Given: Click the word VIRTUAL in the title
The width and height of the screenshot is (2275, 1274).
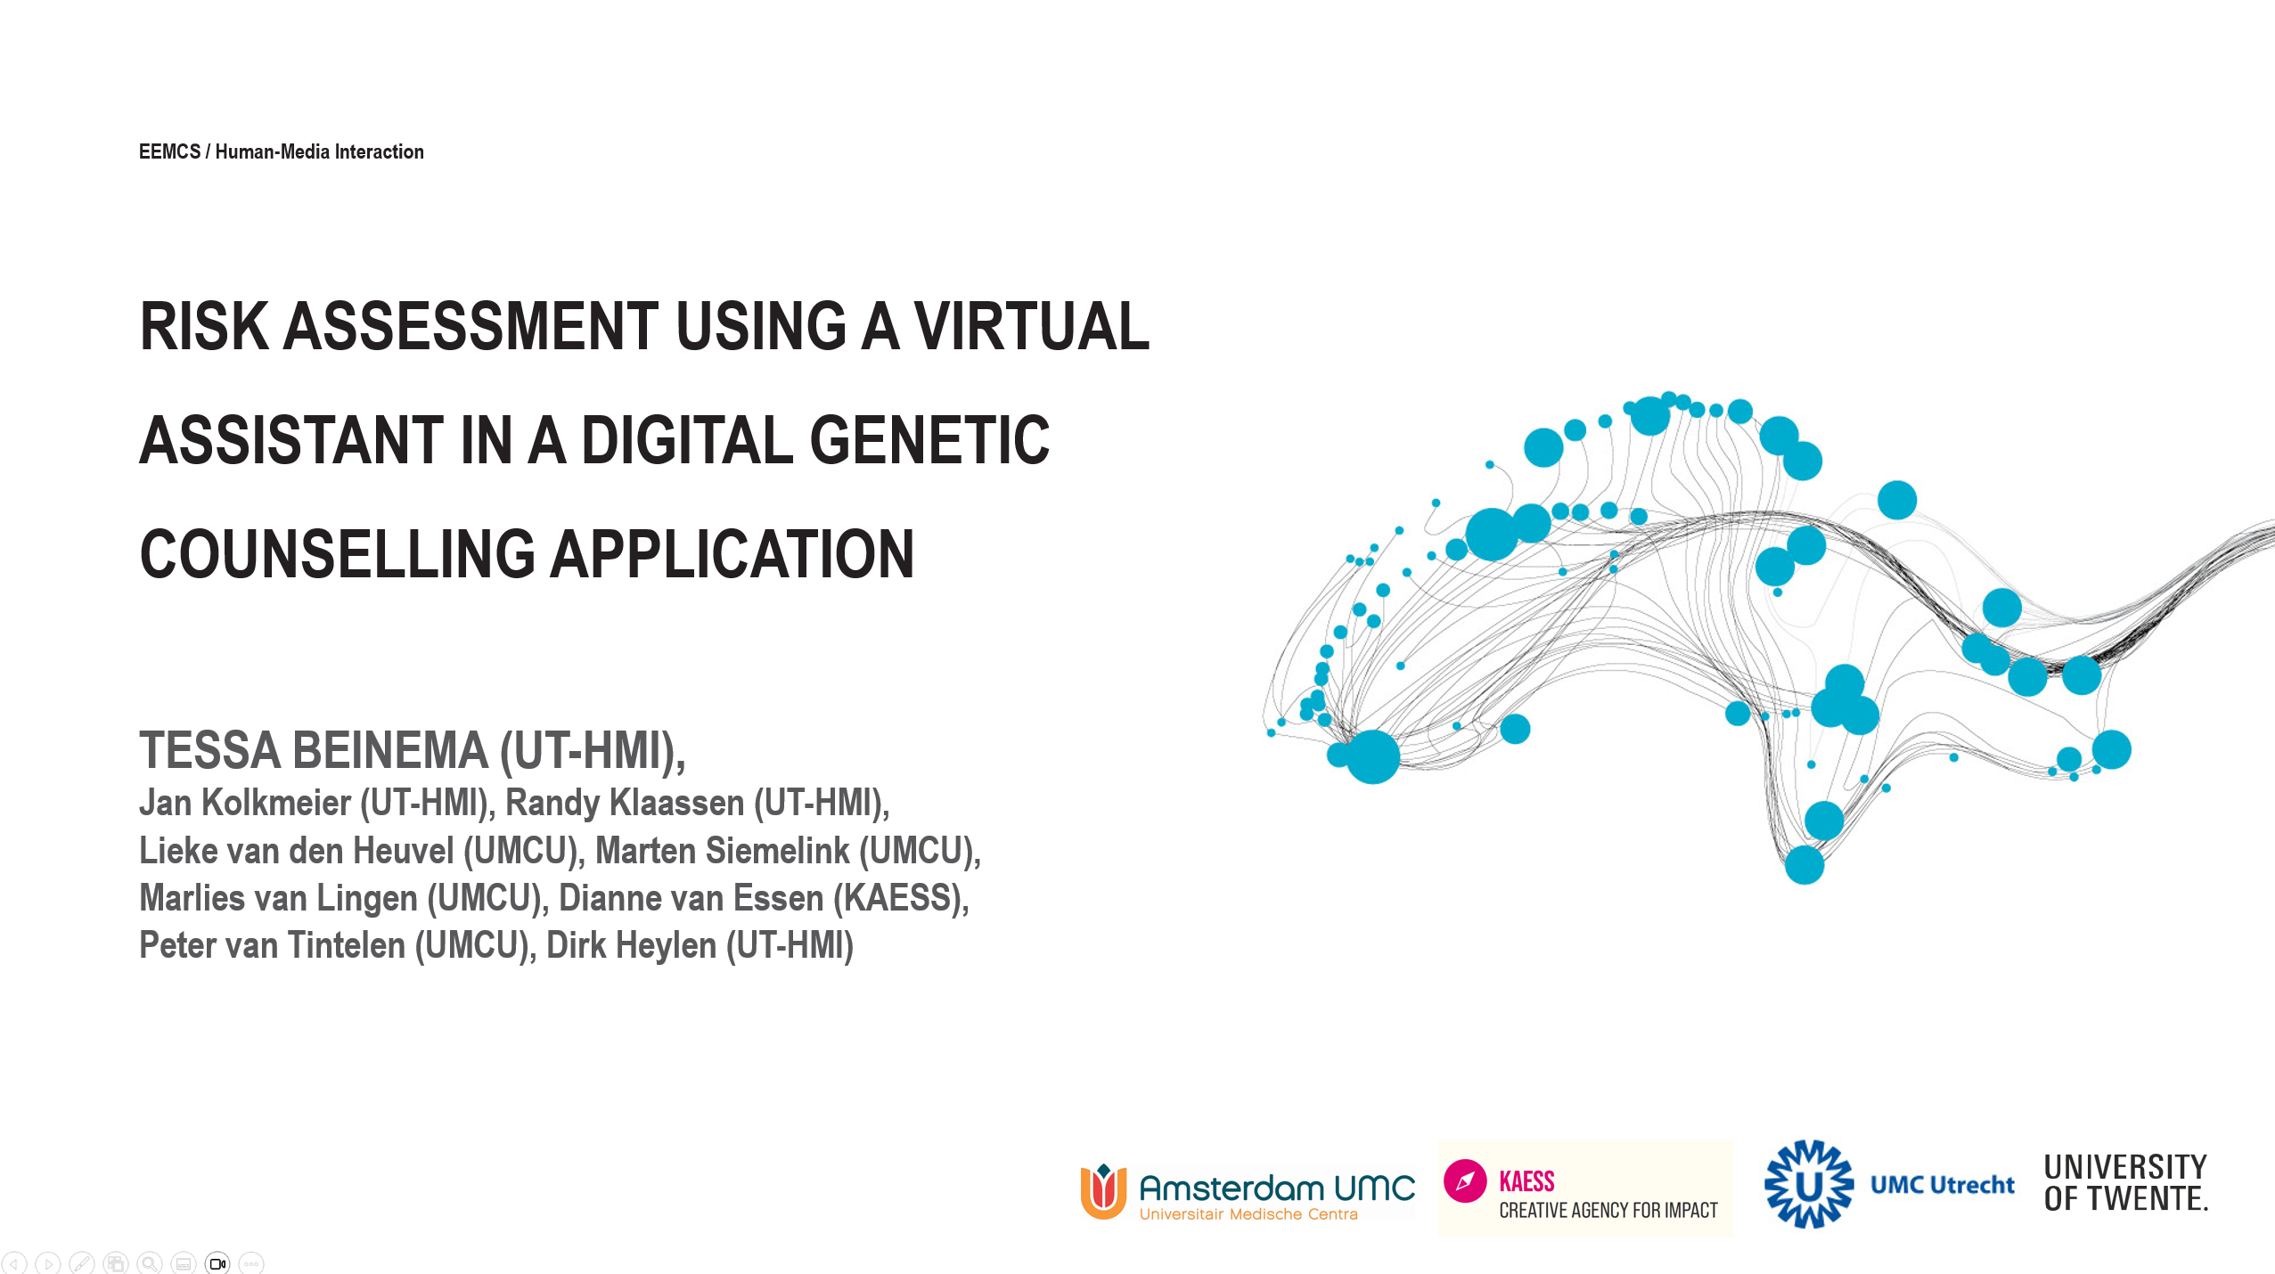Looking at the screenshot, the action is click(x=1031, y=326).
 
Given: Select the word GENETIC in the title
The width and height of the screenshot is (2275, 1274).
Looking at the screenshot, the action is click(x=929, y=440).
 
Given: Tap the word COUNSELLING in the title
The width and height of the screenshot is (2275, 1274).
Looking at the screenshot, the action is click(x=338, y=554).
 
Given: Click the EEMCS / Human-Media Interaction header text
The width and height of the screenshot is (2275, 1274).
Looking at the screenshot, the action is click(x=282, y=151).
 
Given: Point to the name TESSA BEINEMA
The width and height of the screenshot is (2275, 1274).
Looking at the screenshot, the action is click(x=314, y=750).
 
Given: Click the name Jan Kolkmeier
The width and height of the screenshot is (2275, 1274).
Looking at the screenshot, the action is click(x=245, y=803).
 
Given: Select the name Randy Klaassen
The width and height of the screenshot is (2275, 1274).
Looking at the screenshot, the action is click(x=625, y=803).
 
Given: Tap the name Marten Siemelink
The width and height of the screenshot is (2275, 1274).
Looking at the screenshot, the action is click(x=722, y=851).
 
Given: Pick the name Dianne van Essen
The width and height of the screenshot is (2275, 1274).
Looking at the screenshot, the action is click(x=691, y=898).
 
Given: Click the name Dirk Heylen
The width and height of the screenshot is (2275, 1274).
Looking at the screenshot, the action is click(x=631, y=945).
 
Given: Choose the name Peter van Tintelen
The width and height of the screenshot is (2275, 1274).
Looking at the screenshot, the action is click(x=273, y=945).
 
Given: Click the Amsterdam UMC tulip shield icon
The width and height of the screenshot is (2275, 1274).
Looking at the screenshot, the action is click(x=1103, y=1191).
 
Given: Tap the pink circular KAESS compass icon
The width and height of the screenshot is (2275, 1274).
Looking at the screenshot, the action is click(x=1465, y=1181).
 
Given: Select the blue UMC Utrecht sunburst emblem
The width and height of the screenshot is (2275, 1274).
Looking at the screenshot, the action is click(x=1809, y=1184).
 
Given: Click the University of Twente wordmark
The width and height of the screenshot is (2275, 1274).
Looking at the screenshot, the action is click(x=2125, y=1183).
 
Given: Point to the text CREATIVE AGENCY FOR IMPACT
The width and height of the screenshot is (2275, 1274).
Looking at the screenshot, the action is click(x=1608, y=1210).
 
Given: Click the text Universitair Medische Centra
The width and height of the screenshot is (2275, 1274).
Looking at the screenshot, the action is click(x=1248, y=1214).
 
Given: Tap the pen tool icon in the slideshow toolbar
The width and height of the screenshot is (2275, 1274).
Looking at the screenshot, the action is click(x=82, y=1263).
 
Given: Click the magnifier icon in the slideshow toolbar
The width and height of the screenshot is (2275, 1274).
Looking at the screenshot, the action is click(x=150, y=1263).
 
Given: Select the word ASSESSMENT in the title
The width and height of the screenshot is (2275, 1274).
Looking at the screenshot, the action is click(x=471, y=326).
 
